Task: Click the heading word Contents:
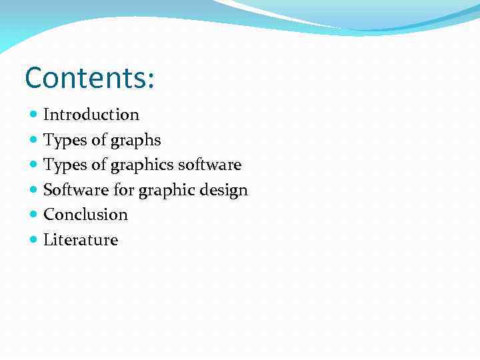[x=89, y=78]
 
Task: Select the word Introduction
[x=91, y=115]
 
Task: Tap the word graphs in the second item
[x=136, y=141]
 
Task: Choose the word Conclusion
[x=85, y=215]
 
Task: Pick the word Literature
[x=81, y=240]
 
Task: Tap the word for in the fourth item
[x=124, y=190]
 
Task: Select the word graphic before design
[x=168, y=191]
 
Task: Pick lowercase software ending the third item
[x=209, y=165]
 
